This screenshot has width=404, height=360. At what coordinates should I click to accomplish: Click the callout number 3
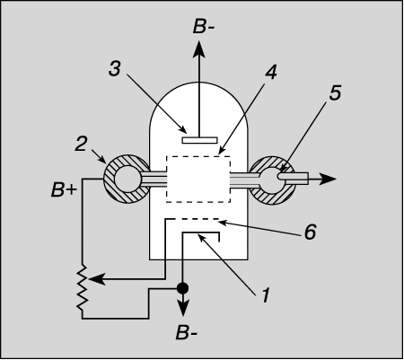tap(115, 68)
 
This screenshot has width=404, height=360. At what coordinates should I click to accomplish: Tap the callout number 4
tap(271, 72)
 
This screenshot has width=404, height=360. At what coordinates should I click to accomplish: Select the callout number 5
tap(335, 92)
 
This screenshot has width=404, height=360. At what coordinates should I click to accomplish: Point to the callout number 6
tap(310, 232)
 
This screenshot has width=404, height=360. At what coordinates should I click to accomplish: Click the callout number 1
tap(266, 294)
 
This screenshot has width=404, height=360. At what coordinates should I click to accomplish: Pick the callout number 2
tap(81, 143)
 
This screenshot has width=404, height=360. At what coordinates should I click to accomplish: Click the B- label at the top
tap(204, 26)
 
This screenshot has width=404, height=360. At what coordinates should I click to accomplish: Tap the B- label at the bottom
tap(187, 332)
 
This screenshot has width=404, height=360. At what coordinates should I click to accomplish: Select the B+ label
tap(64, 189)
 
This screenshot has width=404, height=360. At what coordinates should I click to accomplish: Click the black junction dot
tap(182, 288)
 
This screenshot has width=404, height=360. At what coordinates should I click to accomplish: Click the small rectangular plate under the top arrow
tap(200, 140)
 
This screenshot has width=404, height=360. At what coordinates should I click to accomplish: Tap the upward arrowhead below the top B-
tap(199, 48)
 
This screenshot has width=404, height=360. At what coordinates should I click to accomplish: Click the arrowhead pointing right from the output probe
tap(329, 179)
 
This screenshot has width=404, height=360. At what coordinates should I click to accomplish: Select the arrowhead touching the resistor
tap(97, 279)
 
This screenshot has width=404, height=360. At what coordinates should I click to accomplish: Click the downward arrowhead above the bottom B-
tap(182, 308)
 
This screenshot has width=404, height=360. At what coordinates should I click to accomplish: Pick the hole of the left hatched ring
tap(127, 179)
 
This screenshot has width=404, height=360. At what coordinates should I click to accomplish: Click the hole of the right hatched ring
tap(271, 180)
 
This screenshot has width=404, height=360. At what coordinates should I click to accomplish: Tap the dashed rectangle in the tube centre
tap(198, 179)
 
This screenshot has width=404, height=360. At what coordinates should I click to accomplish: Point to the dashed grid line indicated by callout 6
tap(192, 219)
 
